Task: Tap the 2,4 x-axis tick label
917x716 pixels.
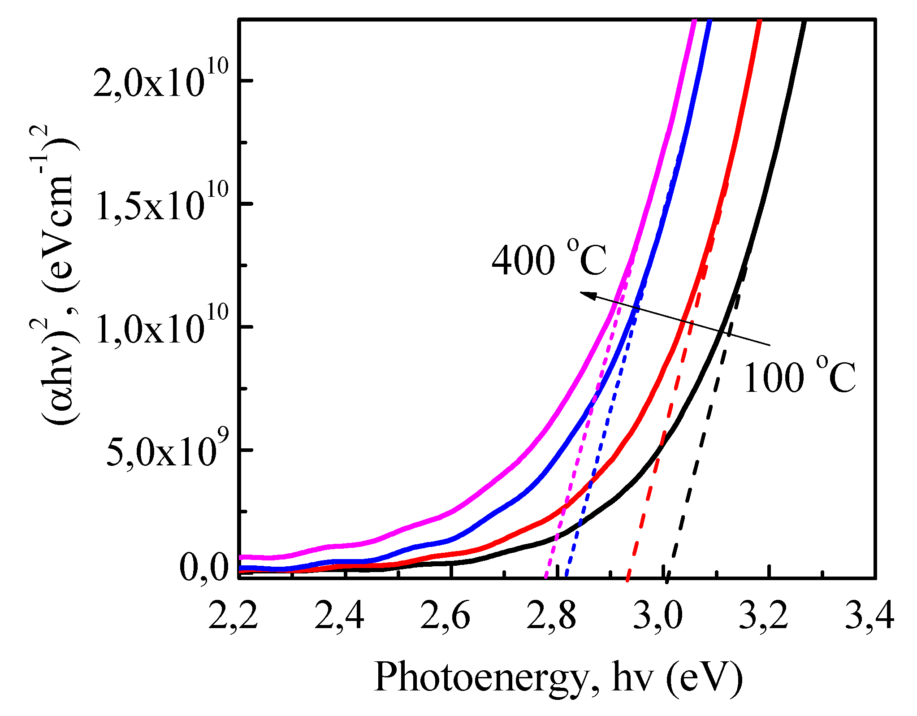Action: tap(339, 617)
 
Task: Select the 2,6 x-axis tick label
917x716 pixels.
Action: tap(446, 617)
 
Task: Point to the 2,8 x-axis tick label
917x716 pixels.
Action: tap(552, 617)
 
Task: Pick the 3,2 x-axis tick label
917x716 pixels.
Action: tap(763, 617)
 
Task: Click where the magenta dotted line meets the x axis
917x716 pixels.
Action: tap(545, 577)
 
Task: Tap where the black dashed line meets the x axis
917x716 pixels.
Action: tap(668, 577)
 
